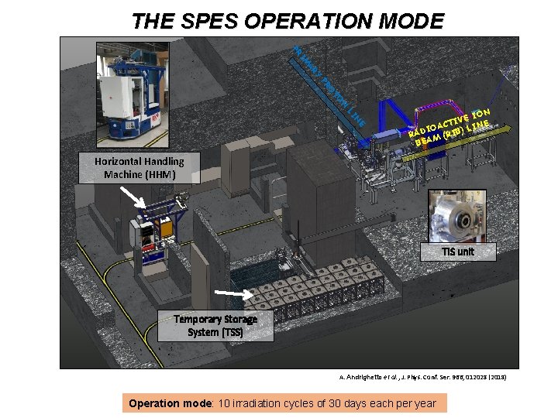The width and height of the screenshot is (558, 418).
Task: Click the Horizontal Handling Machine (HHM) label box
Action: point(139,168)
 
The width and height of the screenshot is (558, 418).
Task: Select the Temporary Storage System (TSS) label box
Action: point(215,325)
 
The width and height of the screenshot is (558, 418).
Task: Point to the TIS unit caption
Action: point(457,252)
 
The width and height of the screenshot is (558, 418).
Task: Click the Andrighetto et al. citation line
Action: point(422,376)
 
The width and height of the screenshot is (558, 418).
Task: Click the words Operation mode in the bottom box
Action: point(165,403)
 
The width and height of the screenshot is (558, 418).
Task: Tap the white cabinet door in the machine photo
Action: point(125,95)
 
